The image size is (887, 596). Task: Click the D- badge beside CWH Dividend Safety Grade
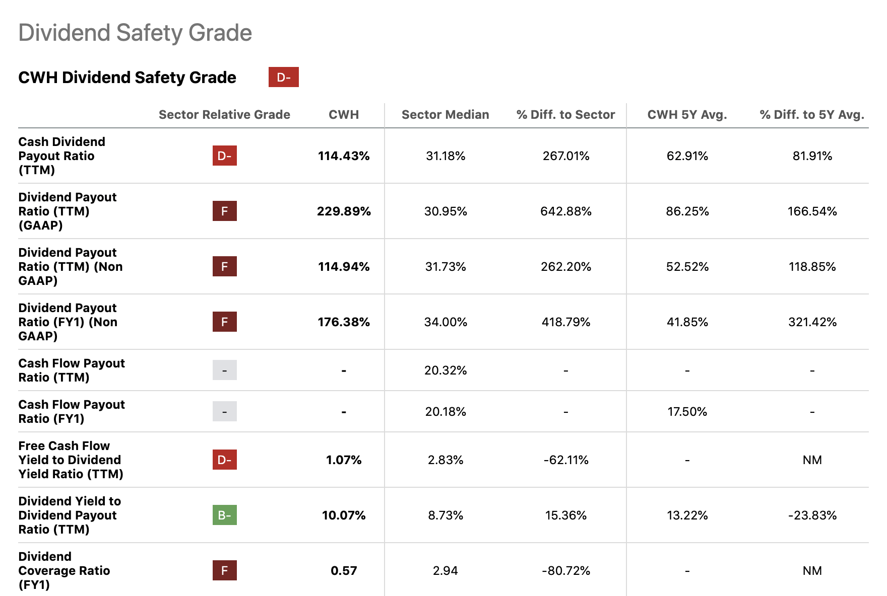[x=283, y=77]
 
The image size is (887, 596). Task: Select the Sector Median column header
[x=445, y=115]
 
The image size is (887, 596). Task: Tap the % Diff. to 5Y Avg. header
[x=811, y=115]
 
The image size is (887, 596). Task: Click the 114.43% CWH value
[x=344, y=156]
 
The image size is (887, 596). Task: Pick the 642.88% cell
[x=565, y=211]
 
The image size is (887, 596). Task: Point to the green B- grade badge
[x=224, y=515]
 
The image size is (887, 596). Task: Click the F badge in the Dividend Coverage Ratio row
[x=224, y=570]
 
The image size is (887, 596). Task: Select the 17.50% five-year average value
[x=687, y=412]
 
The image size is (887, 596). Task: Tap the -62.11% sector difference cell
[x=565, y=460]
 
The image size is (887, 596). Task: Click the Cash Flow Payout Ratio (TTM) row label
[x=72, y=370]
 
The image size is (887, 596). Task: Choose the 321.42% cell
[x=812, y=322]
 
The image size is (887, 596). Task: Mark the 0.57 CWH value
[x=344, y=571]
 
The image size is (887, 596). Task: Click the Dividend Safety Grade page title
[x=135, y=33]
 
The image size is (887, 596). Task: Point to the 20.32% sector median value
[x=445, y=370]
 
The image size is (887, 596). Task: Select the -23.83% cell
[x=812, y=515]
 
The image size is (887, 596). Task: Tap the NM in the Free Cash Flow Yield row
[x=812, y=460]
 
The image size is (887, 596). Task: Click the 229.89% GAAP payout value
[x=344, y=211]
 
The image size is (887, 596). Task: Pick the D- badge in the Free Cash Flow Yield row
[x=224, y=460]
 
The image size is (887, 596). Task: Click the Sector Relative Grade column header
[x=224, y=115]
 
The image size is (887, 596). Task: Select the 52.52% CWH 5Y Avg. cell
[x=687, y=267]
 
